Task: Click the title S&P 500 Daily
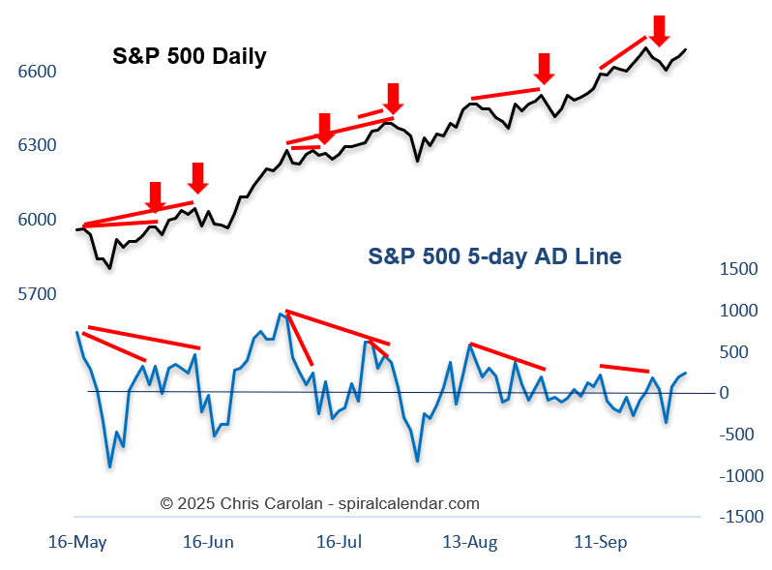pos(189,56)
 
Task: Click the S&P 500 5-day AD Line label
pos(494,256)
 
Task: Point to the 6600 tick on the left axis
pos(37,72)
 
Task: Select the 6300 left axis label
pos(37,145)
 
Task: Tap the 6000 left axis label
pos(37,220)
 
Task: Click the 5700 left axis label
pos(37,293)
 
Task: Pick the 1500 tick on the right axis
pos(739,269)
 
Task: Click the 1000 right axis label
pos(739,311)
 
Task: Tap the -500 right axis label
pos(739,435)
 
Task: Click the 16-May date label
pos(77,542)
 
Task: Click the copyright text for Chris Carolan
pos(319,503)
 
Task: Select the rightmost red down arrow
pos(659,30)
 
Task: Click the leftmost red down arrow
pos(155,196)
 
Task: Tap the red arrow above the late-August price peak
pos(544,68)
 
